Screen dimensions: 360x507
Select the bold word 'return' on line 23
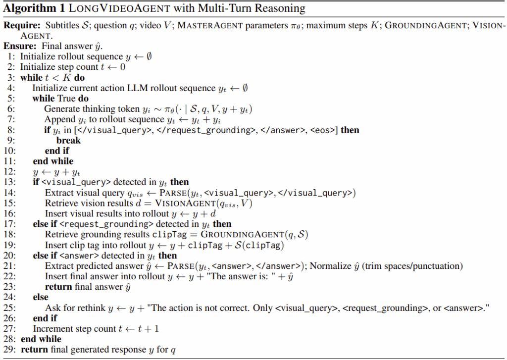tap(58, 287)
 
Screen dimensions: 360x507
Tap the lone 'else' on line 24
tap(41, 297)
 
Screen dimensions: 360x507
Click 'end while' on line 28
tap(41, 339)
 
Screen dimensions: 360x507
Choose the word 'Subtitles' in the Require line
tap(61, 25)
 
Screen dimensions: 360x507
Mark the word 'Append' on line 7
tap(57, 119)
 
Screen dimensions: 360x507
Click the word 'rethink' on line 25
tap(89, 308)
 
